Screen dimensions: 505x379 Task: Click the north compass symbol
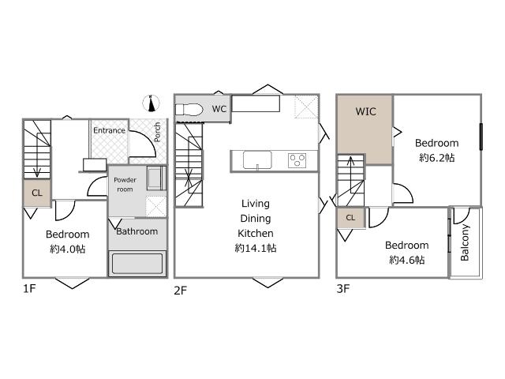tap(151, 103)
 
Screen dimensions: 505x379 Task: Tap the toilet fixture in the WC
tap(189, 109)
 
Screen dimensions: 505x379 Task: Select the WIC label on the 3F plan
tap(365, 111)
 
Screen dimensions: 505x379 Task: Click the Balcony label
tap(465, 242)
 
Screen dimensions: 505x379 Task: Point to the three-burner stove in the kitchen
tap(297, 160)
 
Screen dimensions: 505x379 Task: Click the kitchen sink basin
tap(257, 159)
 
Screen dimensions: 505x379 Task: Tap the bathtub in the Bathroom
tap(137, 264)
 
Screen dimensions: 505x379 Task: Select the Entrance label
tap(109, 130)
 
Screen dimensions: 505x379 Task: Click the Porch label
tap(157, 132)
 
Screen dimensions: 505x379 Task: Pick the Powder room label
tap(125, 185)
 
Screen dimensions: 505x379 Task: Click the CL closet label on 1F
tap(37, 193)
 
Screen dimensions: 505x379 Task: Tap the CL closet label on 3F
tap(350, 218)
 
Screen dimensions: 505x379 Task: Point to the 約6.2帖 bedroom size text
tap(436, 158)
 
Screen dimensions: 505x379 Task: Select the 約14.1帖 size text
tap(256, 248)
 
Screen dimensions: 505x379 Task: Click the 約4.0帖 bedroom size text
tap(68, 249)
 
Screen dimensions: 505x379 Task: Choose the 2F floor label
tap(181, 291)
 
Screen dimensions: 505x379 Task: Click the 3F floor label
tap(343, 288)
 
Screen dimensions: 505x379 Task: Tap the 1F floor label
tap(29, 288)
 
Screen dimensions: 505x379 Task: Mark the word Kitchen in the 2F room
tap(256, 233)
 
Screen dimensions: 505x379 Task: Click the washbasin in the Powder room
tap(156, 178)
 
